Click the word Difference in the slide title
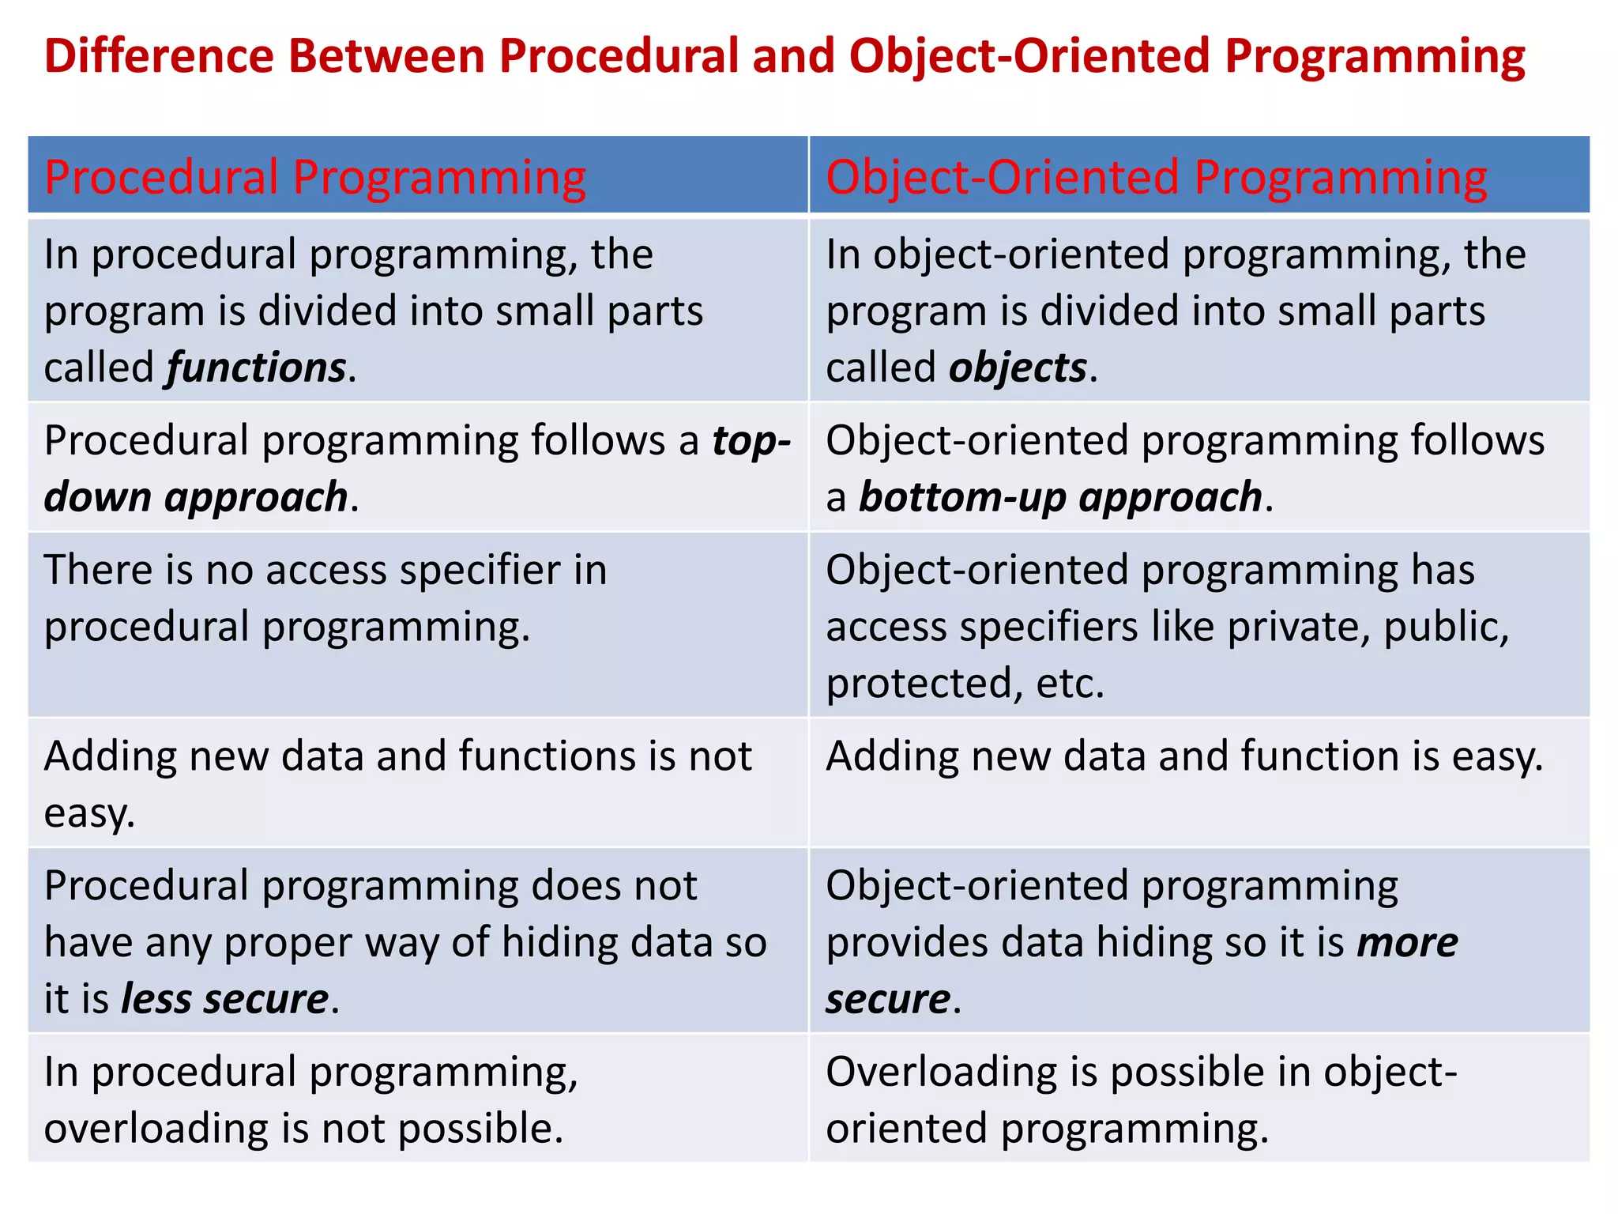pyautogui.click(x=159, y=57)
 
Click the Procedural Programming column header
pyautogui.click(x=314, y=176)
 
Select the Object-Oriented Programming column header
pyautogui.click(x=1156, y=176)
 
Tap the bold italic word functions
pyautogui.click(x=256, y=368)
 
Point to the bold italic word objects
pyautogui.click(x=1018, y=368)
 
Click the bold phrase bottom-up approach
pyautogui.click(x=1060, y=498)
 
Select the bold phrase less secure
pyautogui.click(x=224, y=999)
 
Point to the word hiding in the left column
pyautogui.click(x=560, y=943)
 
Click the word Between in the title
pyautogui.click(x=386, y=57)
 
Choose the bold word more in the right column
pyautogui.click(x=1406, y=943)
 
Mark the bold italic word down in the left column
pyautogui.click(x=97, y=498)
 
